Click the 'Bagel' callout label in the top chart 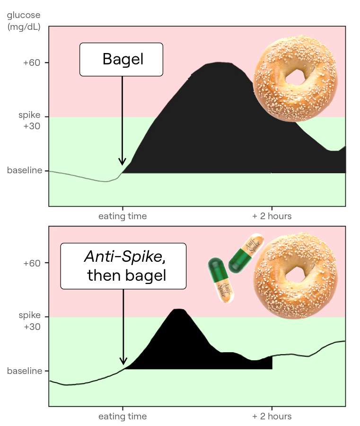[x=121, y=59]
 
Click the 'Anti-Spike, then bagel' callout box [x=123, y=266]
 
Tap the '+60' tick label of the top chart [x=32, y=63]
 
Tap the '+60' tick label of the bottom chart [x=32, y=263]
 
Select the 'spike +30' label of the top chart [x=29, y=120]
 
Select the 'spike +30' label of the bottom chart [x=30, y=321]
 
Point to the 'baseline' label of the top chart [x=25, y=170]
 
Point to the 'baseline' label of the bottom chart [x=25, y=371]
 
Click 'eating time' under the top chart [x=123, y=216]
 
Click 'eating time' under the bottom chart [x=123, y=416]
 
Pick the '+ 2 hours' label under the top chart [x=272, y=216]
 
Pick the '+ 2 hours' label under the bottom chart [x=272, y=416]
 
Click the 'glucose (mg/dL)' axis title [x=24, y=21]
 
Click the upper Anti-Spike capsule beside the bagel [x=246, y=253]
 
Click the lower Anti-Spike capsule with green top [x=221, y=280]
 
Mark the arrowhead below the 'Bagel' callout [x=122, y=162]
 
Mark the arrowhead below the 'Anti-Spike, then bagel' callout [x=123, y=361]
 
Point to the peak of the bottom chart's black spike [x=178, y=309]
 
